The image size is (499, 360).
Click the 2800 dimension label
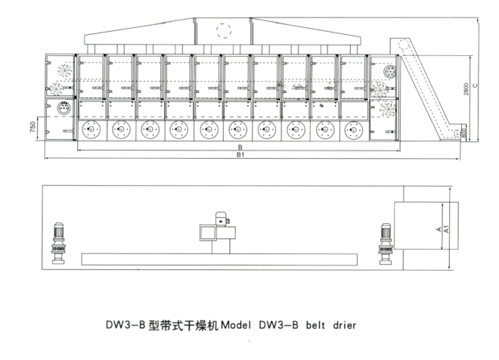tap(470, 88)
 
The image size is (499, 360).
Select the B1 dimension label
tap(240, 156)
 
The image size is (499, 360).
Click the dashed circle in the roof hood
tap(224, 31)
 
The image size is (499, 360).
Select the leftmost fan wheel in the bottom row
tap(91, 129)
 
